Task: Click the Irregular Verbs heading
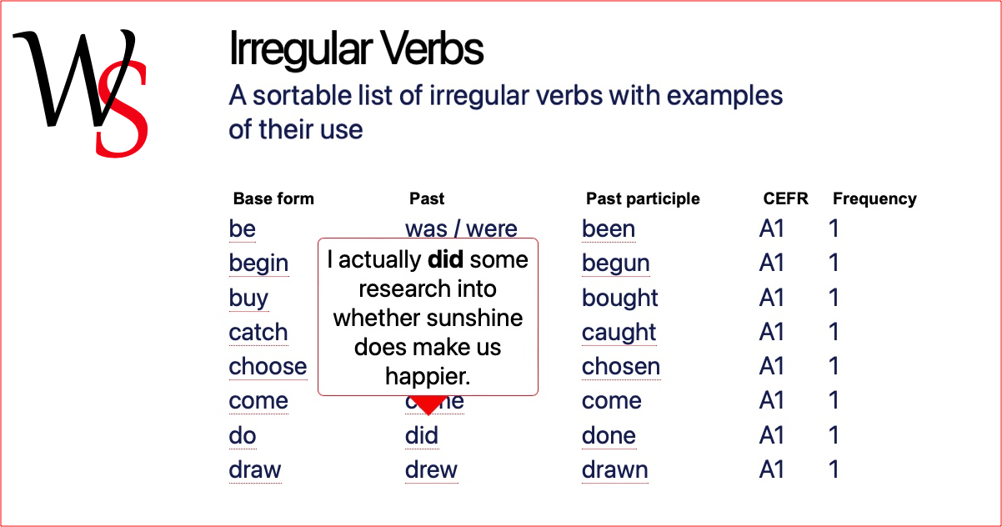[356, 49]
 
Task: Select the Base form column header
[273, 198]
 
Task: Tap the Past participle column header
[643, 198]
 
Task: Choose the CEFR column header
[785, 198]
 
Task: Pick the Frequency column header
[874, 198]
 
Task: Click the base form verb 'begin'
[258, 263]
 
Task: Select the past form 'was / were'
[461, 228]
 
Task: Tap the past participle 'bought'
[619, 298]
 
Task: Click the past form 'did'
[422, 435]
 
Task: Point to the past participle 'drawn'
[614, 469]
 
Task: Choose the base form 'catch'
[258, 333]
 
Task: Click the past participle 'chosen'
[621, 367]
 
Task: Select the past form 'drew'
[431, 469]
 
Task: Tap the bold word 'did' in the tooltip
[445, 260]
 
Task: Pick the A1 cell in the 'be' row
[772, 228]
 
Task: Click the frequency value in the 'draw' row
[834, 469]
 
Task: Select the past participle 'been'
[609, 228]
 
